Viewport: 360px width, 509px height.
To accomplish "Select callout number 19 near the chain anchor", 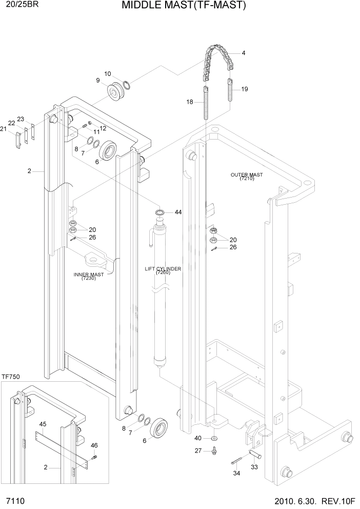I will [x=245, y=89].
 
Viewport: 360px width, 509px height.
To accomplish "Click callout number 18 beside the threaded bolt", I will [x=190, y=103].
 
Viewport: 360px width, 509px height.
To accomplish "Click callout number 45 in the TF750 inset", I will [x=43, y=424].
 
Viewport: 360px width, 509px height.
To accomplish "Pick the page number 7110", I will [x=16, y=501].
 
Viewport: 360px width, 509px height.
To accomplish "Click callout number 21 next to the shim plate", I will [x=3, y=129].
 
